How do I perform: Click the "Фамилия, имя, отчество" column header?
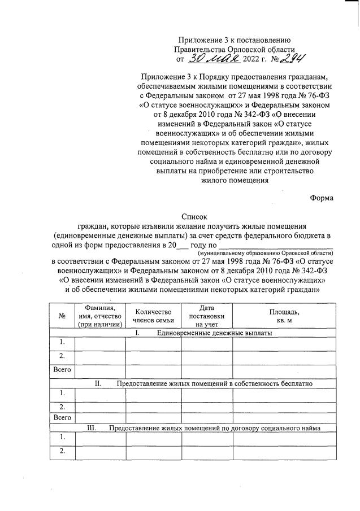[101, 316]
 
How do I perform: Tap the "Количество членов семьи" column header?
[153, 316]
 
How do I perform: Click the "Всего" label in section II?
[62, 418]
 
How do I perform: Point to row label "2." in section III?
[62, 451]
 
